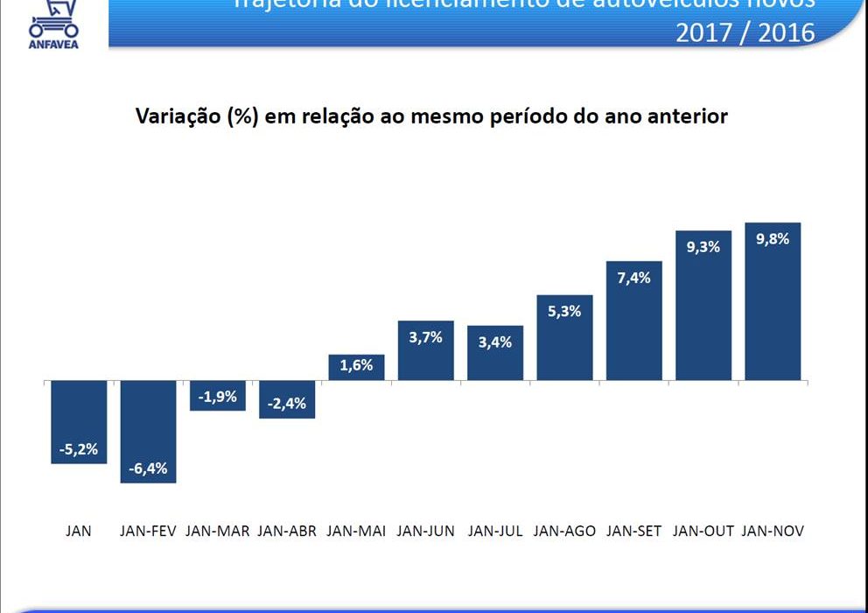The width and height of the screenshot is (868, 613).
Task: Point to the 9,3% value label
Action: (703, 247)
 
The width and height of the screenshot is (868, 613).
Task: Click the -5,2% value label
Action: (79, 450)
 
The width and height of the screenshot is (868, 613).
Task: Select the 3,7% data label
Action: (425, 337)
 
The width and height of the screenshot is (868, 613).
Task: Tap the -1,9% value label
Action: (218, 397)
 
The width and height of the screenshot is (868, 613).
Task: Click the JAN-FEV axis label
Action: (148, 531)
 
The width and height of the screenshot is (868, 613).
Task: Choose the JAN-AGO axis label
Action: (564, 531)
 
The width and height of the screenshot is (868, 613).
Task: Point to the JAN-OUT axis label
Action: (703, 531)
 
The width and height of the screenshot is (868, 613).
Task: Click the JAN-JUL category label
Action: (495, 531)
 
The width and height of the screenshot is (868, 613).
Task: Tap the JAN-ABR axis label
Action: (287, 531)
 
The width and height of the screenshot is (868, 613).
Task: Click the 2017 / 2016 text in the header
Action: (745, 32)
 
